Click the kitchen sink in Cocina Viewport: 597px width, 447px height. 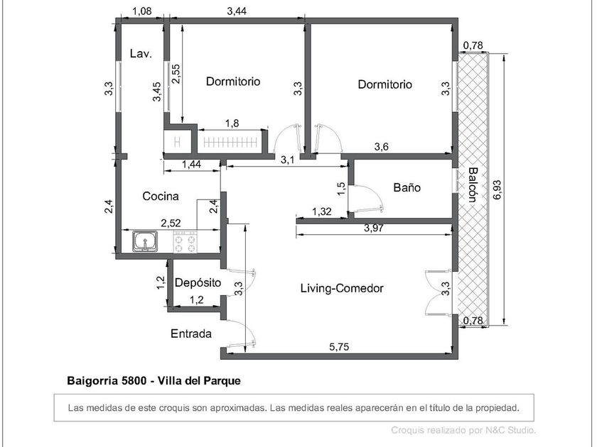[x=145, y=241]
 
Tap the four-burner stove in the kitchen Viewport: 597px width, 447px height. [x=185, y=242]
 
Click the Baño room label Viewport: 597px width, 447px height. [x=407, y=187]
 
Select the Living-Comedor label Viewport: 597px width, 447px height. [x=342, y=288]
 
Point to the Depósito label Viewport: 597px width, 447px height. [x=198, y=282]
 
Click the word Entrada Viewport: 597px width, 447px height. [x=191, y=333]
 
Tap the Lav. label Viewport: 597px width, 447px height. [x=141, y=54]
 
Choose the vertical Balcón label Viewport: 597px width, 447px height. [x=473, y=184]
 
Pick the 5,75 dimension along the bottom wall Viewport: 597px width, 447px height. [x=339, y=347]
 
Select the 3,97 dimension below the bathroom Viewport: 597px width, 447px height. [x=374, y=228]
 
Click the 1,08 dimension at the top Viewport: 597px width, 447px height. [x=141, y=11]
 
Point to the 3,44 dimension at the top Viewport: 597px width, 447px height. [x=237, y=11]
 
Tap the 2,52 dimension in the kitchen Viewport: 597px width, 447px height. [x=171, y=223]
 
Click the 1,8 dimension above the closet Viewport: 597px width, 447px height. [x=232, y=123]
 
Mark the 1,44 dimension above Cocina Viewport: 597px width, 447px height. [x=191, y=164]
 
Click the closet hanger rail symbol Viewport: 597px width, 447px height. [x=230, y=143]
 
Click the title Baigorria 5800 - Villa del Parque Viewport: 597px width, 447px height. [x=154, y=380]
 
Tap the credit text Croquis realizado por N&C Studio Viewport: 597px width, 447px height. [x=463, y=430]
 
